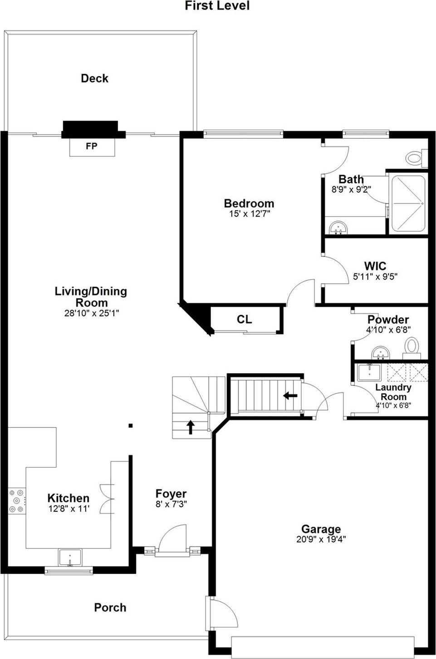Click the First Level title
tap(217, 6)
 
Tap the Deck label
tap(94, 78)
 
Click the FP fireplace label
tap(92, 146)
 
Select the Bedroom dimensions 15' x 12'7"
tap(249, 214)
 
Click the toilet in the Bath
tap(415, 158)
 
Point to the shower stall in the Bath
tap(408, 204)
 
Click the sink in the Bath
tap(338, 227)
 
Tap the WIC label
tap(375, 266)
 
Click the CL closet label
tap(244, 320)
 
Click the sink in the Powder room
tap(380, 352)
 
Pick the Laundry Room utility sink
tap(370, 372)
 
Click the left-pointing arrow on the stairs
tap(290, 396)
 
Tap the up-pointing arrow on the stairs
tap(191, 427)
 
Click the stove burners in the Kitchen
tap(17, 501)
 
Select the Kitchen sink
tap(70, 557)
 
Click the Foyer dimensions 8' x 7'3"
tap(171, 504)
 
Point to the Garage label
tap(321, 529)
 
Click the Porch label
tap(110, 607)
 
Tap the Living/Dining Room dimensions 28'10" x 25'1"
tap(91, 313)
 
